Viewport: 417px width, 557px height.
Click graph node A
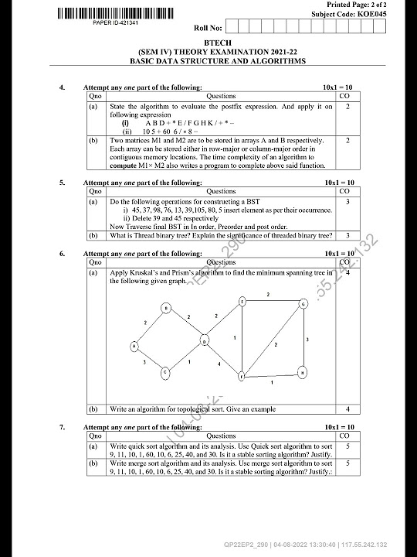134,346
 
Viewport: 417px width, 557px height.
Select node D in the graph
205,340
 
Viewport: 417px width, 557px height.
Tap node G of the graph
303,304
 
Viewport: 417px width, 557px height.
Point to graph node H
303,372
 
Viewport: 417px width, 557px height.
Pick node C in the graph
164,373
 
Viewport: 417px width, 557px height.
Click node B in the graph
165,309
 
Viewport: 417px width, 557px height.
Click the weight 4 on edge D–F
219,364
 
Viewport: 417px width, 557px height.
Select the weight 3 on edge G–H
307,339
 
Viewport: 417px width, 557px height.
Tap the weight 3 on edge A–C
144,362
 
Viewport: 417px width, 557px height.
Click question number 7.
62,427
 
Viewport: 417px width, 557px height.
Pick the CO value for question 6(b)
347,408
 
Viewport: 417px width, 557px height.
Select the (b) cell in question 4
93,141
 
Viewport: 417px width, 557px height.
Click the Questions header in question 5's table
221,191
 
